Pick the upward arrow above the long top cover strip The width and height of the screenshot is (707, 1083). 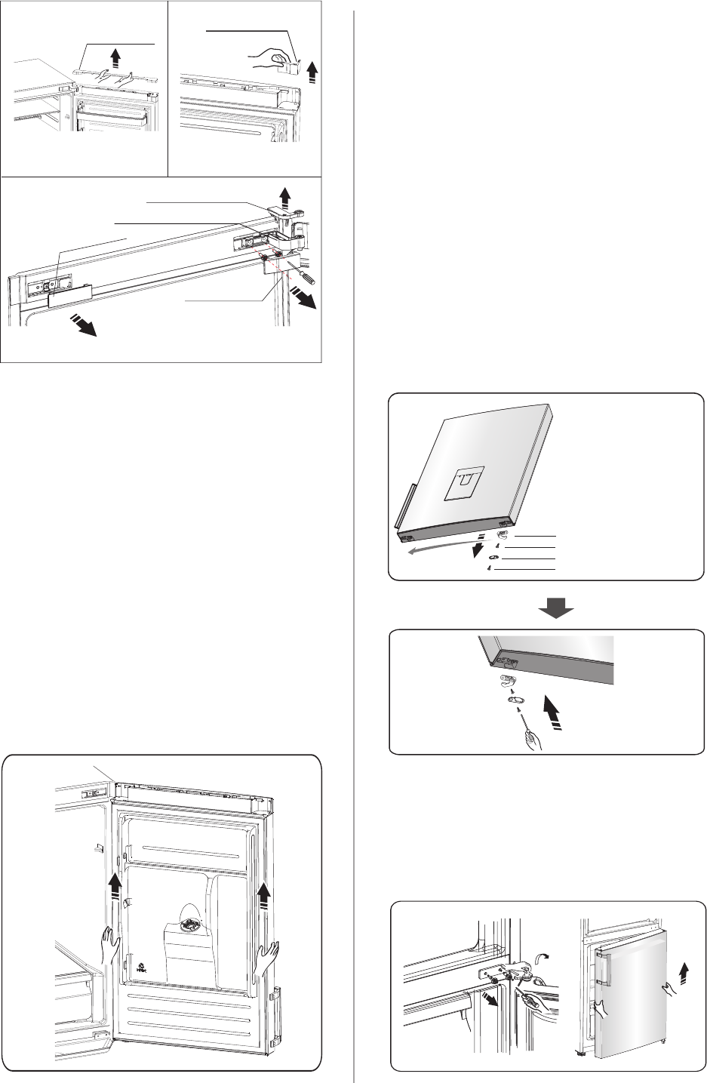(x=115, y=57)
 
